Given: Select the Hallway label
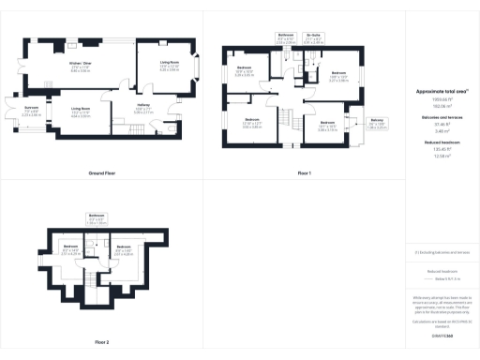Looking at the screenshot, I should pyautogui.click(x=143, y=109).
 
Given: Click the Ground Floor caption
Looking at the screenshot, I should pyautogui.click(x=101, y=148).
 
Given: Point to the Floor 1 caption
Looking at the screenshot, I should pyautogui.click(x=304, y=148).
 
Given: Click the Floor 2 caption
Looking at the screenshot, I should pyautogui.click(x=100, y=342).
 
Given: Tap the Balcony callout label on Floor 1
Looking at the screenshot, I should pyautogui.click(x=376, y=123).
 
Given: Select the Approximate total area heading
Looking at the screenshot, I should pyautogui.click(x=442, y=91).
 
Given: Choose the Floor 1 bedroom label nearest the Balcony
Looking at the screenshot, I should pyautogui.click(x=327, y=125).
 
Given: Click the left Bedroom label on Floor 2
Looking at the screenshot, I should pyautogui.click(x=69, y=250).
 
